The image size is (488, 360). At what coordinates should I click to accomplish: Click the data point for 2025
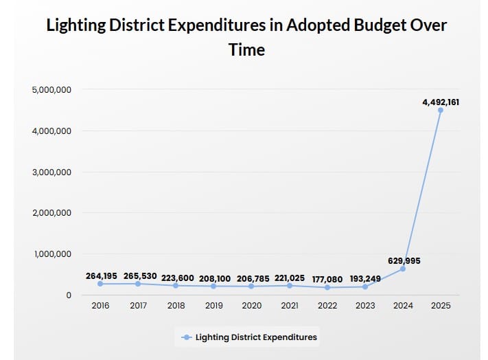tap(441, 110)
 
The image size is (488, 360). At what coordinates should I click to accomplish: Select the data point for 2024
tap(403, 269)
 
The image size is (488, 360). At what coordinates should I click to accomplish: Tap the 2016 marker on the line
tap(100, 284)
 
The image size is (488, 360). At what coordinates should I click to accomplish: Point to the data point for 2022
tap(327, 287)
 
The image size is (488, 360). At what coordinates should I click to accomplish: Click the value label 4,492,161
tap(441, 102)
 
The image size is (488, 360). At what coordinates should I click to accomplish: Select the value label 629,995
tap(403, 260)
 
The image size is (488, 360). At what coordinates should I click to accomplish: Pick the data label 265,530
tap(140, 275)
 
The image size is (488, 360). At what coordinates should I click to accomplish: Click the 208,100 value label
tap(216, 278)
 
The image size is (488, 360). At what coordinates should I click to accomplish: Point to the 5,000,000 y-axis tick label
tap(51, 89)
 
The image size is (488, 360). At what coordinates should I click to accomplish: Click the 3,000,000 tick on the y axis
tap(51, 172)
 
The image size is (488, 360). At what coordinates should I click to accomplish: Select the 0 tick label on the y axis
tap(69, 295)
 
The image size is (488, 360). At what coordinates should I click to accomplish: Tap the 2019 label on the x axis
tap(214, 306)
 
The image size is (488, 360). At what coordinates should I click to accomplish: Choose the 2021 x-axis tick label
tap(290, 306)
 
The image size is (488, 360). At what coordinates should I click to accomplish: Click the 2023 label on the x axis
tap(365, 306)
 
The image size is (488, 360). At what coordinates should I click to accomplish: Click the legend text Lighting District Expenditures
tap(257, 337)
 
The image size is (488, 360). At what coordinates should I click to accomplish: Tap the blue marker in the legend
tap(186, 337)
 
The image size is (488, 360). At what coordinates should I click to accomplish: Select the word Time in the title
tap(247, 49)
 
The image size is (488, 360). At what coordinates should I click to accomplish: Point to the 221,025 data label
tap(290, 278)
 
